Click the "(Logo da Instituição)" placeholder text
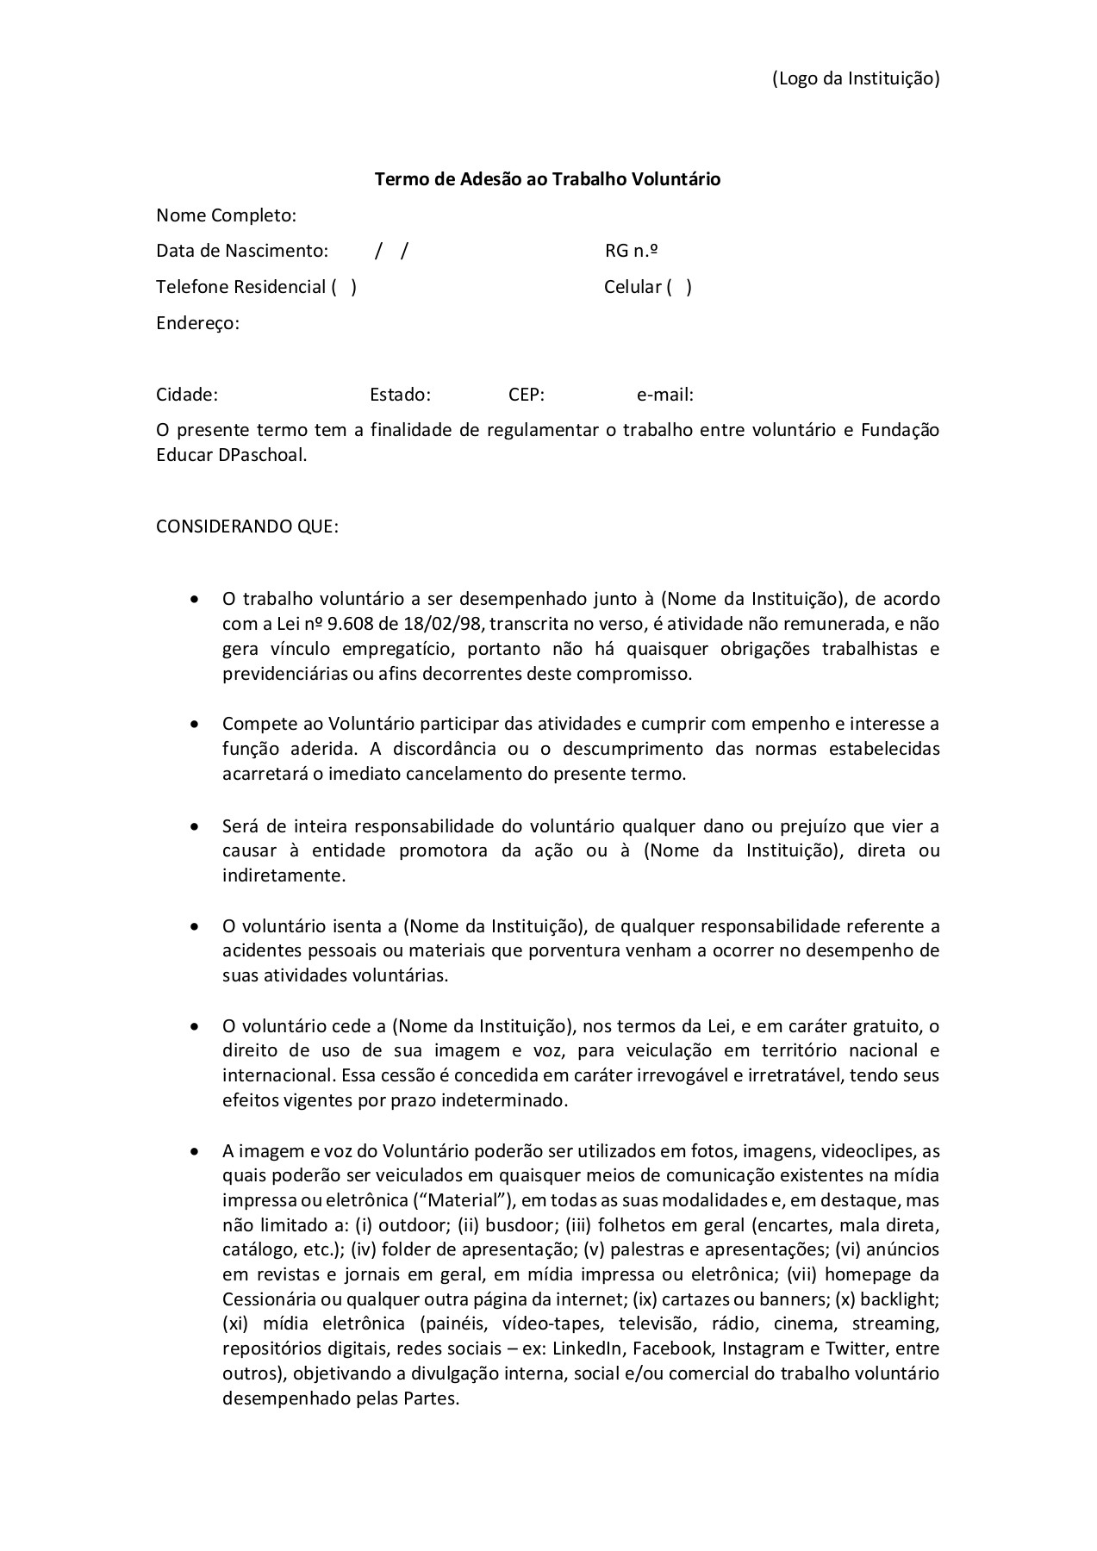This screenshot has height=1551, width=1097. point(855,78)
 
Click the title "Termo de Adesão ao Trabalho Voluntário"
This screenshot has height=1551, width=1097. point(547,179)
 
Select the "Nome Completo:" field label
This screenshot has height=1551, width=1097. point(226,215)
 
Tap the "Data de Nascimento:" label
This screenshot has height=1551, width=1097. point(242,251)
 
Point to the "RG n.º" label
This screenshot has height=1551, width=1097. point(632,251)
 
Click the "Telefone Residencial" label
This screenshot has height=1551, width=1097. point(240,287)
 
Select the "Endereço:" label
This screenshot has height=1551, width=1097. point(197,323)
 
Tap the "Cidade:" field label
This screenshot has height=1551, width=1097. point(187,395)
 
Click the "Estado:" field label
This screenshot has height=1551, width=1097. point(400,395)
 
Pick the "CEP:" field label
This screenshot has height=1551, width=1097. point(526,395)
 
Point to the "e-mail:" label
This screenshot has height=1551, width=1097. point(664,395)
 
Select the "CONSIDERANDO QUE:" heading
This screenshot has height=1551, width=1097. point(247,526)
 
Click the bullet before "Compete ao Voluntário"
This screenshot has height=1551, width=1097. point(197,724)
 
